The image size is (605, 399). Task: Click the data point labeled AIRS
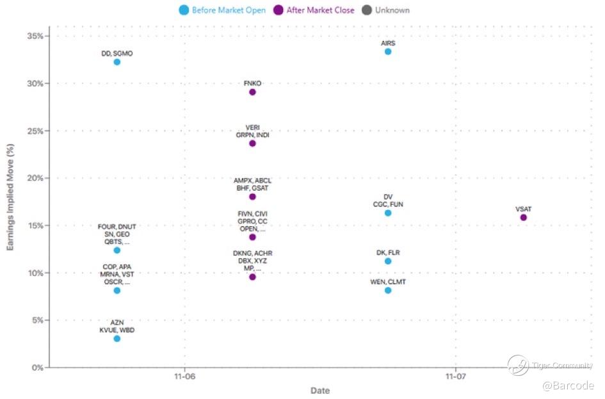coord(388,51)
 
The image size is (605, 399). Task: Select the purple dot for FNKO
coord(252,92)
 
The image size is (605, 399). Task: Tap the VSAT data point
coord(524,218)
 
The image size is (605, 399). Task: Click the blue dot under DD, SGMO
coord(117,62)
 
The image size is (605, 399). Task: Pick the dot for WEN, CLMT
coord(388,291)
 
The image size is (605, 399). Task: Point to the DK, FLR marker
coord(388,261)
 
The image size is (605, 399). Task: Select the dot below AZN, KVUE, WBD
coord(117,339)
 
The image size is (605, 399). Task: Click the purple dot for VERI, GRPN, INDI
coord(252,143)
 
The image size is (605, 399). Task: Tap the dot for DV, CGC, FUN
coord(388,213)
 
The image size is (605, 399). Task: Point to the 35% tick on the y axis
coord(35,36)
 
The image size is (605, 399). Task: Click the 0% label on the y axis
coord(37,368)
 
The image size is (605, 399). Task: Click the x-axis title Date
coord(320,391)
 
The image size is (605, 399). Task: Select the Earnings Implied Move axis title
coord(11,206)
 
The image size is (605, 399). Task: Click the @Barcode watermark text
coord(568,386)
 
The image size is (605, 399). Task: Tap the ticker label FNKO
coord(252,83)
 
